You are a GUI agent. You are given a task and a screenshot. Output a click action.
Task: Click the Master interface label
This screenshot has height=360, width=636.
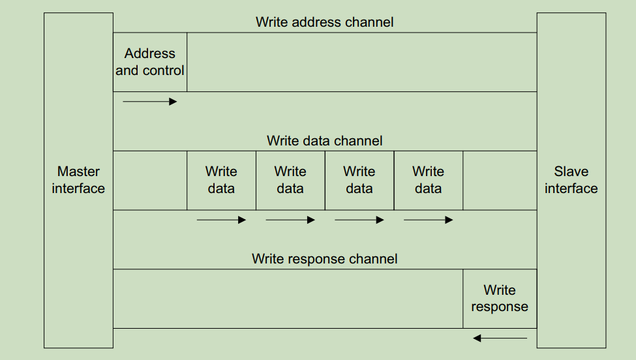[78, 180]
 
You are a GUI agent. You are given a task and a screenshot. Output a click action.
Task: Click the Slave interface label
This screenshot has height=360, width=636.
[571, 180]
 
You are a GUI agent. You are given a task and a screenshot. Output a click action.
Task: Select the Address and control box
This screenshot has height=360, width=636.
[150, 62]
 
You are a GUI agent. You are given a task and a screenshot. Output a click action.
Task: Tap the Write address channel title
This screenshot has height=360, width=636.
[324, 22]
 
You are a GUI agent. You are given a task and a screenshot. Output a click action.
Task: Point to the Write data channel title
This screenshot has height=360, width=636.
[324, 141]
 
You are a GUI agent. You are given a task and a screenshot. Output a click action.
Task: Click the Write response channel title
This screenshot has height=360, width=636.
[324, 259]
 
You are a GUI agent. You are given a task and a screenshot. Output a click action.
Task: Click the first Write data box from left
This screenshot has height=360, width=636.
[221, 180]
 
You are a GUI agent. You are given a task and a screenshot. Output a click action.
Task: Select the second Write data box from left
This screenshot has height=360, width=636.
[290, 180]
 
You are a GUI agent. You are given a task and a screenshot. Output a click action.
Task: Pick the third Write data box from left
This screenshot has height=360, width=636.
[359, 180]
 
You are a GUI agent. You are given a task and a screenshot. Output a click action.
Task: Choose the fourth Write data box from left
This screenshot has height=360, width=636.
[429, 180]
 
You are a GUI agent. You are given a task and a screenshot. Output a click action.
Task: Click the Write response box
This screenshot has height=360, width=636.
[500, 299]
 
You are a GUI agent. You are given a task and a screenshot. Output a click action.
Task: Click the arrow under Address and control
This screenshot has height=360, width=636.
[150, 102]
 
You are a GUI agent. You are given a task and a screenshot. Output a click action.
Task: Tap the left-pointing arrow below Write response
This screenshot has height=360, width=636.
[500, 338]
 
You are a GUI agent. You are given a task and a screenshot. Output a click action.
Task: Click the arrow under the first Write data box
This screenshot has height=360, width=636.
[221, 220]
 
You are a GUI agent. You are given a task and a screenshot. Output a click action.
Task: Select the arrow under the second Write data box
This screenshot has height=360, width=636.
[290, 220]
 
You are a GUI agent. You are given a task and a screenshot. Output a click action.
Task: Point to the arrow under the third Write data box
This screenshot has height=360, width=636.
[359, 220]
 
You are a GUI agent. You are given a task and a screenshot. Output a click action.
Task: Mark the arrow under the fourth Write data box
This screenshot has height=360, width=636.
[429, 220]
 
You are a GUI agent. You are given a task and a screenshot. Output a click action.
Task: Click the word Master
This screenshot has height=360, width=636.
[78, 172]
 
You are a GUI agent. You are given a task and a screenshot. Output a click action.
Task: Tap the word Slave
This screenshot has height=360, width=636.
[571, 172]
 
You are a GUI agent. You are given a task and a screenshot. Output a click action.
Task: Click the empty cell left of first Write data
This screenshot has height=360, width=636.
[150, 181]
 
